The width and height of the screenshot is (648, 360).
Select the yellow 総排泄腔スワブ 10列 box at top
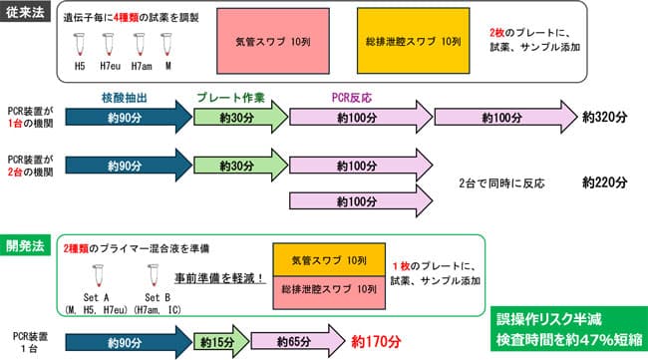pyautogui.click(x=411, y=44)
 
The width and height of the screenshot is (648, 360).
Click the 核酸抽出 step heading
pyautogui.click(x=126, y=99)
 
